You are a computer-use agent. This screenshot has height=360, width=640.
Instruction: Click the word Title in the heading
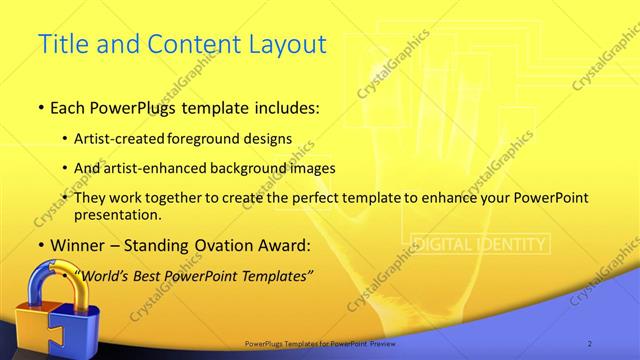62,44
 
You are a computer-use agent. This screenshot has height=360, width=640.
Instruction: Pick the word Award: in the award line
282,245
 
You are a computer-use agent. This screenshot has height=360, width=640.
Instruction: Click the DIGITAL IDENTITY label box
480,244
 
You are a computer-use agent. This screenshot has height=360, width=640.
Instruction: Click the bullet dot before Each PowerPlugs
39,106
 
